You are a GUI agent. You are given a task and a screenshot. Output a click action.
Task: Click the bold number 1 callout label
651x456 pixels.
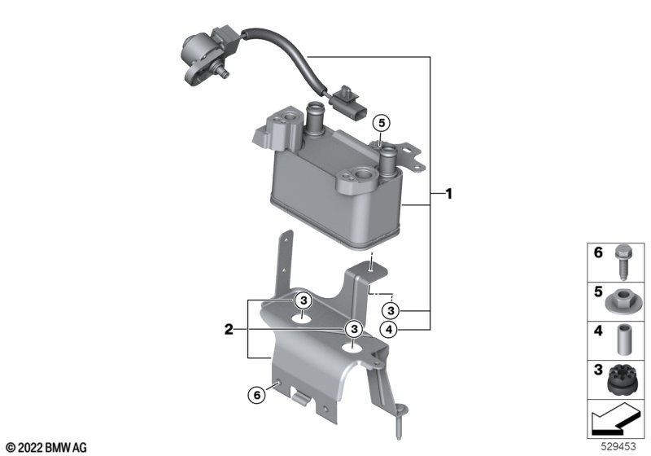448,194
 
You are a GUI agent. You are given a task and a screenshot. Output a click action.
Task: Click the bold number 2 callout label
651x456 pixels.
229,330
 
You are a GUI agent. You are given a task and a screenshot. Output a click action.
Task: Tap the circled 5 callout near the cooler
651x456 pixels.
382,123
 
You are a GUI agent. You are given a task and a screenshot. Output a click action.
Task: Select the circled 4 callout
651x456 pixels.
389,330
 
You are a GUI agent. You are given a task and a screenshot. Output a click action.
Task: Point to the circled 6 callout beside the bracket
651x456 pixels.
256,395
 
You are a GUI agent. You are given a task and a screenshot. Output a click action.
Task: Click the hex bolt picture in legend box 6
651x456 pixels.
622,262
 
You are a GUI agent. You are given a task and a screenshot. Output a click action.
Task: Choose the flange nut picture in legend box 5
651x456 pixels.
621,301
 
